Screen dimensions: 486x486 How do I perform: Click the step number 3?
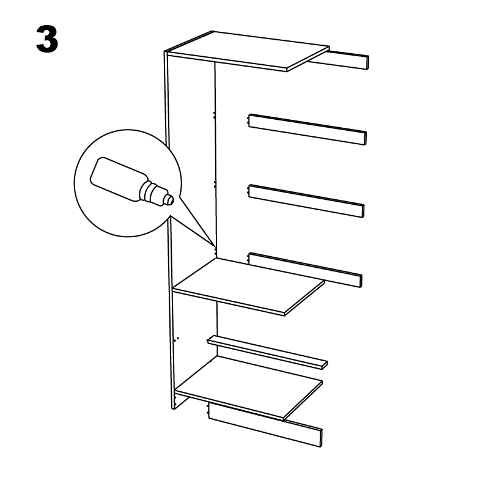47,40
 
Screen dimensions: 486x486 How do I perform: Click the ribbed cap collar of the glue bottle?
150,191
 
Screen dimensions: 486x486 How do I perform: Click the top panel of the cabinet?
251,50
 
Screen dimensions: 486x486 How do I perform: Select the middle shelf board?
251,285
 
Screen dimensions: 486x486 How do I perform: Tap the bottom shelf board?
251,388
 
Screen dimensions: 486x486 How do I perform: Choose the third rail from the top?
306,200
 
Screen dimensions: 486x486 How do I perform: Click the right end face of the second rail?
364,138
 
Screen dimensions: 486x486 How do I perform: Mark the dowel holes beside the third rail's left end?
248,191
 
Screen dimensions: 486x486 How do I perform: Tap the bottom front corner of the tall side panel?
173,408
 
